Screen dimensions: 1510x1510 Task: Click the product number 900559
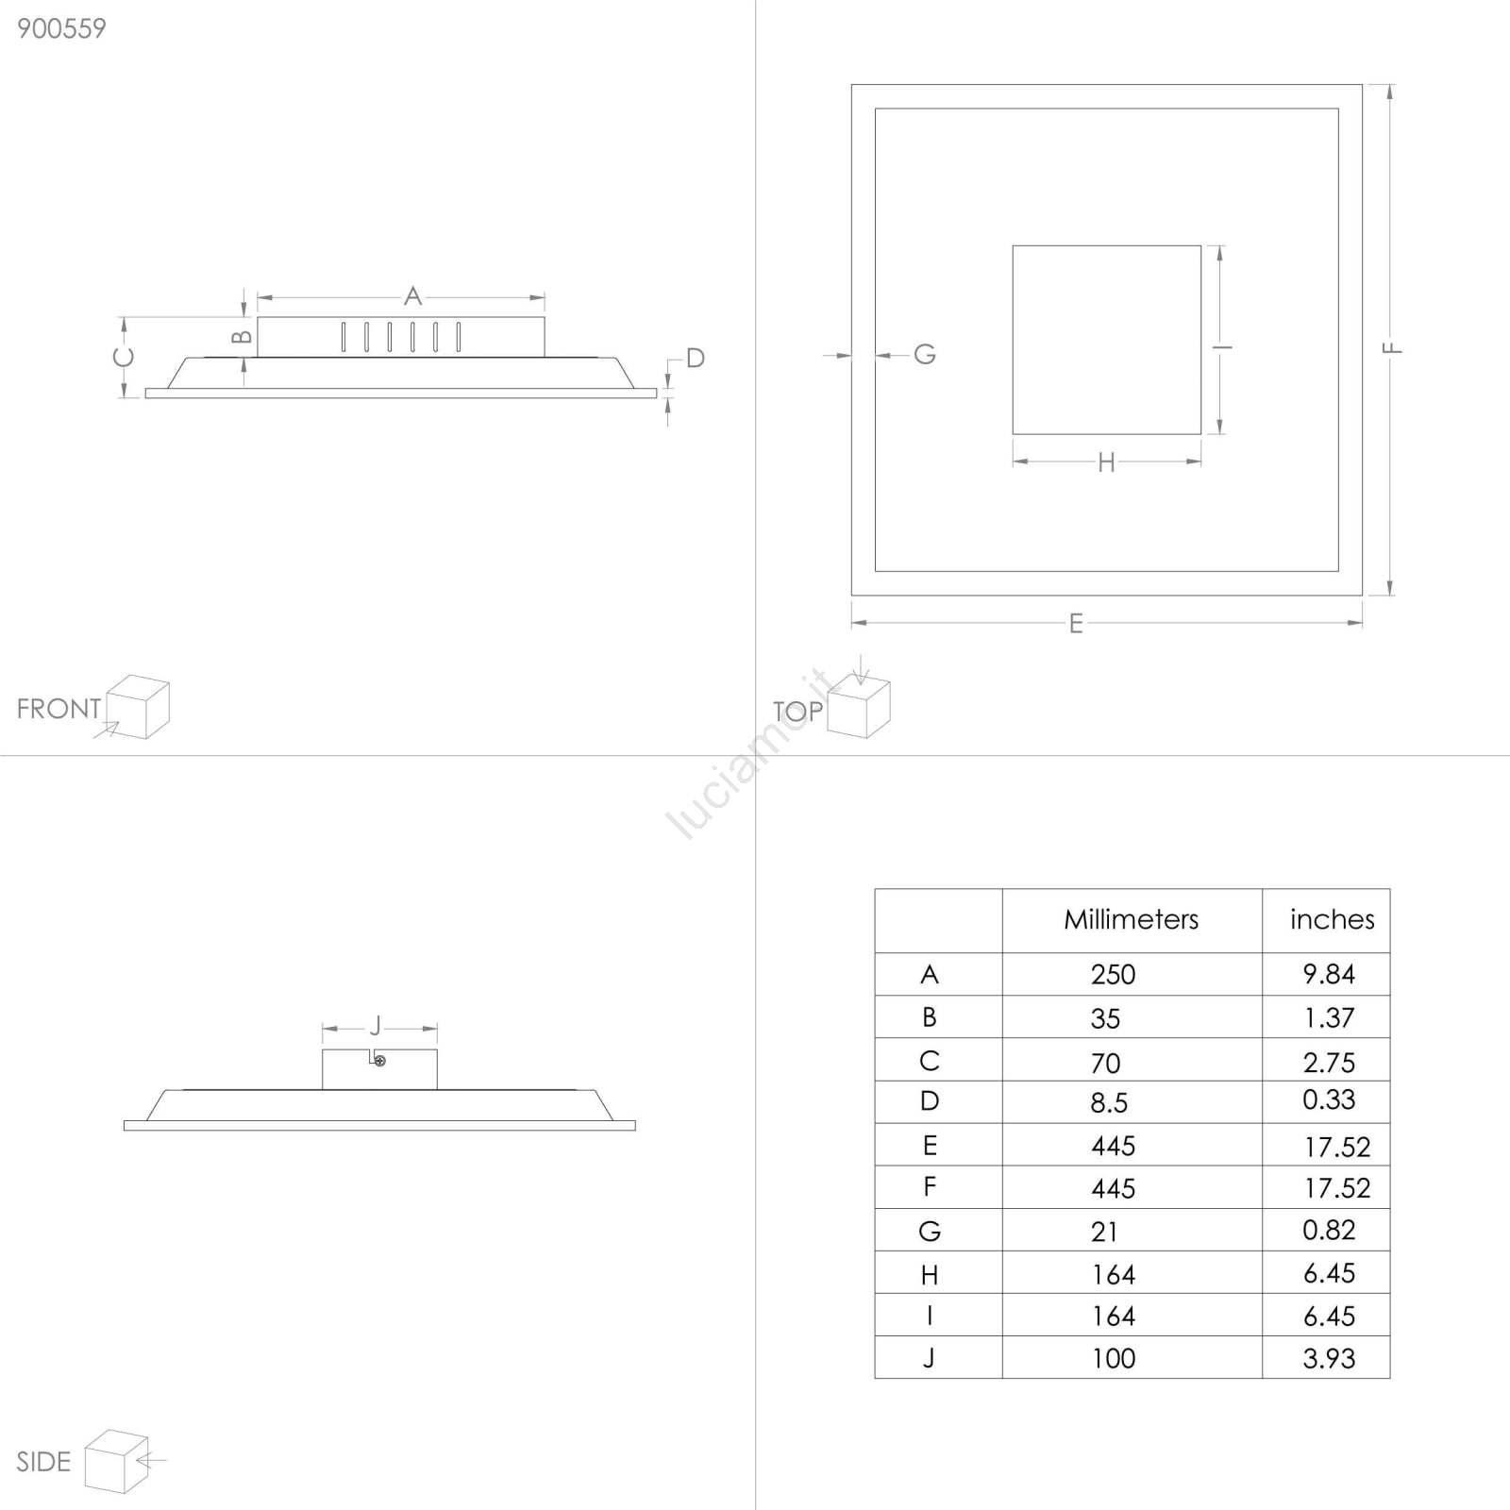[x=61, y=28]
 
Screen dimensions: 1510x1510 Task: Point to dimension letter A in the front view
[x=412, y=296]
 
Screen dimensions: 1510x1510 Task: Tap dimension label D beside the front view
[x=696, y=358]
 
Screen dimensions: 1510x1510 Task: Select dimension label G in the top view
[x=925, y=354]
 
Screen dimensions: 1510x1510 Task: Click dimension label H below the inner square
[x=1106, y=462]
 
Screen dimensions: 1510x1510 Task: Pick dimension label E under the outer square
[x=1076, y=624]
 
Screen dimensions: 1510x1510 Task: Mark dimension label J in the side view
[x=376, y=1026]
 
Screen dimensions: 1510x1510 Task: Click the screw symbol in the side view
[x=380, y=1061]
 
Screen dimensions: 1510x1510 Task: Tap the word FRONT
[x=59, y=709]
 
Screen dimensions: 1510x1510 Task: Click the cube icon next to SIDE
[x=117, y=1461]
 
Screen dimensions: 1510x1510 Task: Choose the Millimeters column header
[x=1132, y=919]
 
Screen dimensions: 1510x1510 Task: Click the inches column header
[x=1332, y=919]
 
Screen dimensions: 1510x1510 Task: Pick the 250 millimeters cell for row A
[x=1114, y=974]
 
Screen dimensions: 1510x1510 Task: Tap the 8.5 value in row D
[x=1109, y=1102]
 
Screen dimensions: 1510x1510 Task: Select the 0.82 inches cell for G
[x=1329, y=1230]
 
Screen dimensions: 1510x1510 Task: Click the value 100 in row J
[x=1114, y=1358]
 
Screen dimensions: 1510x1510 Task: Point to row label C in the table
[x=930, y=1061]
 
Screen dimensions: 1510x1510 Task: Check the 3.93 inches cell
[x=1329, y=1358]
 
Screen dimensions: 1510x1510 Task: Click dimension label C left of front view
[x=124, y=358]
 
